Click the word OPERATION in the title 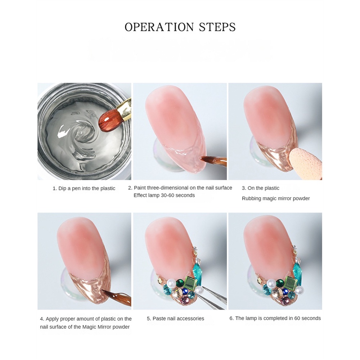pos(159,27)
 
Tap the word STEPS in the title pos(217,27)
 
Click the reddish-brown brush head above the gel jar pos(109,120)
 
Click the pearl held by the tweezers pos(199,290)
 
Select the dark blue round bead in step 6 pos(285,292)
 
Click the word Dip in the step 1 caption pos(62,189)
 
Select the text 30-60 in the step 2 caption pos(175,195)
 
